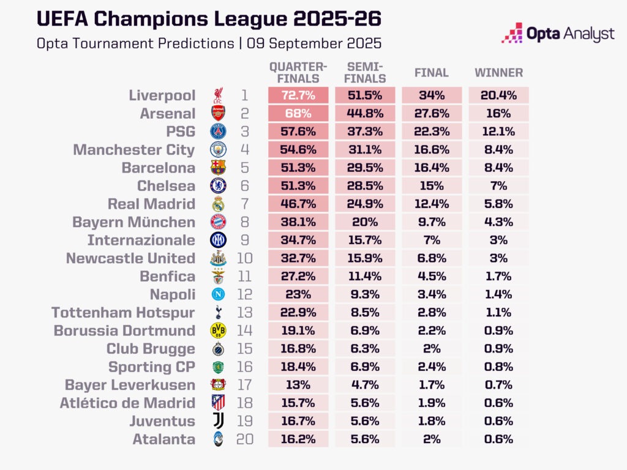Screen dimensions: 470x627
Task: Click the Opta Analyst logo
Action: (558, 33)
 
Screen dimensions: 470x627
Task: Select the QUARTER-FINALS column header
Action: (298, 72)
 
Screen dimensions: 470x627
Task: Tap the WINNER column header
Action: (498, 73)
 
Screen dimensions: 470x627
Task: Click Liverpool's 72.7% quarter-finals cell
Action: (298, 95)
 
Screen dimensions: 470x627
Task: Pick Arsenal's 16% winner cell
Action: (498, 113)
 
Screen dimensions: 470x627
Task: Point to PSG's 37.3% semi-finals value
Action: (365, 132)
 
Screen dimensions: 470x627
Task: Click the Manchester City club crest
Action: (219, 149)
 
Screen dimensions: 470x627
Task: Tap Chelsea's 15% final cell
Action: (432, 186)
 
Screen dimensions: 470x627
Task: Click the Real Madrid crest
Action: (219, 204)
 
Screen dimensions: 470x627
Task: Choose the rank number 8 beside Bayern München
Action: (245, 222)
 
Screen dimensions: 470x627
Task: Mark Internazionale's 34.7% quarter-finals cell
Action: (298, 240)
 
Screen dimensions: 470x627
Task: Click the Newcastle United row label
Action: (130, 258)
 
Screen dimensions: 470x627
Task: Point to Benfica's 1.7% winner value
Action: (498, 276)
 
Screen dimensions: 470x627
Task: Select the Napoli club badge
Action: (219, 294)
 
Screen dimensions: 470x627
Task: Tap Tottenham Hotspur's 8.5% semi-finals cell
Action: (365, 313)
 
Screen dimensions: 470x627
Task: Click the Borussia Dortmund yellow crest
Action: (219, 330)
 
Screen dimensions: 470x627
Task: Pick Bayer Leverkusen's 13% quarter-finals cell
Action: (298, 385)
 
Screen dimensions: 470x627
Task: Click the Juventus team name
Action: (162, 421)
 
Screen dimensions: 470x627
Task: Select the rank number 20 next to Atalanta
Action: (245, 439)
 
